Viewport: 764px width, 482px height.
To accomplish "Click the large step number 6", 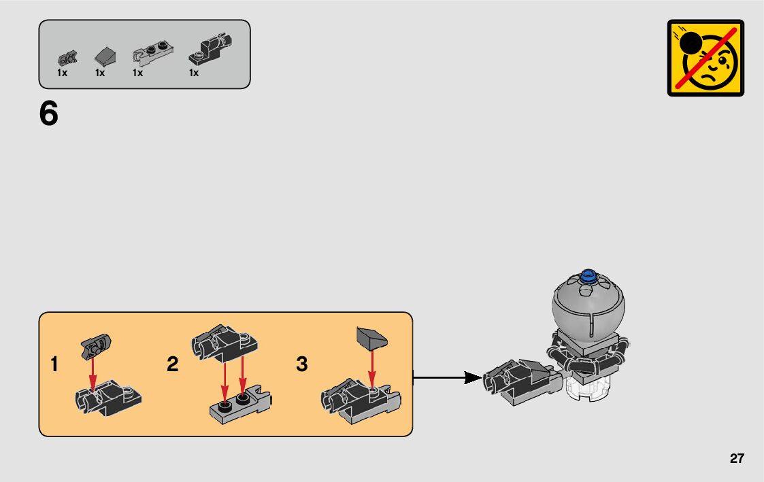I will (49, 114).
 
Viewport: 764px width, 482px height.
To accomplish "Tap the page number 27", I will (737, 458).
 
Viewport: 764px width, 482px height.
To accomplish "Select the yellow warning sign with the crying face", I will (705, 58).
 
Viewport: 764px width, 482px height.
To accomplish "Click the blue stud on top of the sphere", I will (589, 277).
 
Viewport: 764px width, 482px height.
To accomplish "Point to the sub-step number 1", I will (54, 364).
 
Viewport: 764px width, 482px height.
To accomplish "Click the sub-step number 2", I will (173, 364).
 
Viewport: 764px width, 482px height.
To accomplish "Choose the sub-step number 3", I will (302, 364).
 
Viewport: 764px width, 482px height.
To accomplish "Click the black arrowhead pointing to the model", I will (473, 377).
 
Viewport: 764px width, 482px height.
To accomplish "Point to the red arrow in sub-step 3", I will (371, 368).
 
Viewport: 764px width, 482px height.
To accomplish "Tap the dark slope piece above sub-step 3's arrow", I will (371, 337).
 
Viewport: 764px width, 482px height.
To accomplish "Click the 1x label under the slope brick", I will (100, 73).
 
